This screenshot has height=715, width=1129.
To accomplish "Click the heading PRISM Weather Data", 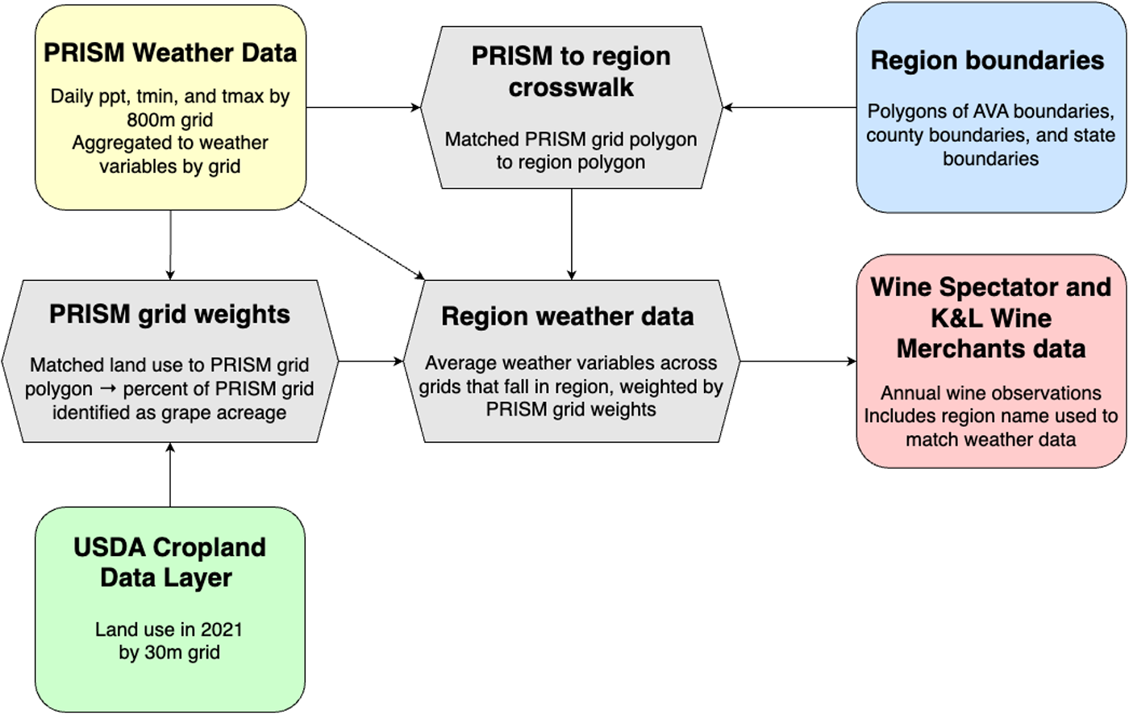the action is pyautogui.click(x=170, y=53).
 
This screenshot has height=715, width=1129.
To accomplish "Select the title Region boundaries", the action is pyautogui.click(x=987, y=61).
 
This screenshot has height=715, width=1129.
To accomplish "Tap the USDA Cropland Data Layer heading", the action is pyautogui.click(x=169, y=562).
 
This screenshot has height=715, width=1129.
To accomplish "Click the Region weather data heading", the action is pyautogui.click(x=568, y=316).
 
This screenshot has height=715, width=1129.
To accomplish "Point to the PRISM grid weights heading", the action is pyautogui.click(x=169, y=315).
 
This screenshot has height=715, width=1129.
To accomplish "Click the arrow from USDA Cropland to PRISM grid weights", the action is pyautogui.click(x=170, y=475).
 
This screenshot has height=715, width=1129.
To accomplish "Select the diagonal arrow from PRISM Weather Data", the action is pyautogui.click(x=361, y=240).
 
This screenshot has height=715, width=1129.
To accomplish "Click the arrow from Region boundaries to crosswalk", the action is pyautogui.click(x=789, y=107).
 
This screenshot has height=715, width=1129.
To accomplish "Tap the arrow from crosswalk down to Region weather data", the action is pyautogui.click(x=572, y=235).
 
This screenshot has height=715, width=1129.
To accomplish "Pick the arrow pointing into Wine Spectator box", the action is pyautogui.click(x=798, y=361).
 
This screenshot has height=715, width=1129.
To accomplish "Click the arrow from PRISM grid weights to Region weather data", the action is pyautogui.click(x=370, y=361).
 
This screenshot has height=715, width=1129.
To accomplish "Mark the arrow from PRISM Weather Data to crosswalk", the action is pyautogui.click(x=364, y=107).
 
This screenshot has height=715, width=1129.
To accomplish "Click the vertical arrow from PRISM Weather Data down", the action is pyautogui.click(x=170, y=245).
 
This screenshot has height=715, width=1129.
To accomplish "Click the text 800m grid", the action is pyautogui.click(x=170, y=120).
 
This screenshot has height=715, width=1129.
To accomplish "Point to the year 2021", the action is pyautogui.click(x=221, y=629).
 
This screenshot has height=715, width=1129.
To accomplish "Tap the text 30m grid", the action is pyautogui.click(x=182, y=653).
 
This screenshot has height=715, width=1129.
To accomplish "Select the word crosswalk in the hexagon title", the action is pyautogui.click(x=571, y=87).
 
